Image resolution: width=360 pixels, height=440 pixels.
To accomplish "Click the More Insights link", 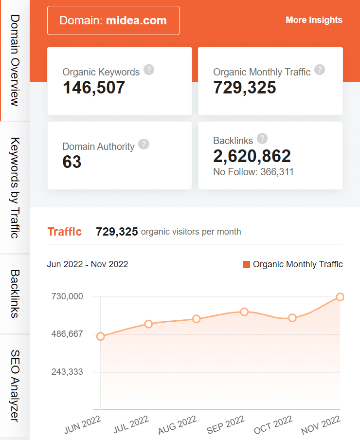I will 314,20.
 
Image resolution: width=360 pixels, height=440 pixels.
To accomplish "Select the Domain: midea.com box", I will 113,20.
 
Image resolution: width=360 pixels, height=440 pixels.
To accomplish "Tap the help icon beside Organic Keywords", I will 149,70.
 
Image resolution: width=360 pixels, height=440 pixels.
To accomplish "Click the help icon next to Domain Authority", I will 144,144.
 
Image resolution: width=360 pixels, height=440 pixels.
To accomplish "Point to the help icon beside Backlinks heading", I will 263,139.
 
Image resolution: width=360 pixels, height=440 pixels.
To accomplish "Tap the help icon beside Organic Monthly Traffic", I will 320,70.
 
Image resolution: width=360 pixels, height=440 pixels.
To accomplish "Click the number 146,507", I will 94,88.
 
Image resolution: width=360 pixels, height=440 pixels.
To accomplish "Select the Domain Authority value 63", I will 72,162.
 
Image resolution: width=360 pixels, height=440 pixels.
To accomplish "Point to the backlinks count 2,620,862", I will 252,156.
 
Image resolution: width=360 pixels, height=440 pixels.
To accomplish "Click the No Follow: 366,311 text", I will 253,172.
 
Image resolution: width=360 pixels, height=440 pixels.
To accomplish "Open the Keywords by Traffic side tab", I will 15,188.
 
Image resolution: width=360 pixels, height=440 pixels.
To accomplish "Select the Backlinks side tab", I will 15,293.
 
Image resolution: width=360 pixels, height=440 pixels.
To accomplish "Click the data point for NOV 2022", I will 340,297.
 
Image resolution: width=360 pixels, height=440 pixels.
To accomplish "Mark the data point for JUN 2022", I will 101,336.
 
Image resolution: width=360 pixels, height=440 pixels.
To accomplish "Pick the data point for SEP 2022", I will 245,312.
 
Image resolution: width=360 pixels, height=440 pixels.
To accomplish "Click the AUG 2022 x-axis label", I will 177,424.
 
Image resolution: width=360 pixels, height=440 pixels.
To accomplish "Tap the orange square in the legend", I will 246,265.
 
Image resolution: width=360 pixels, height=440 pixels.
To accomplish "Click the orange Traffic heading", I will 64,232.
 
